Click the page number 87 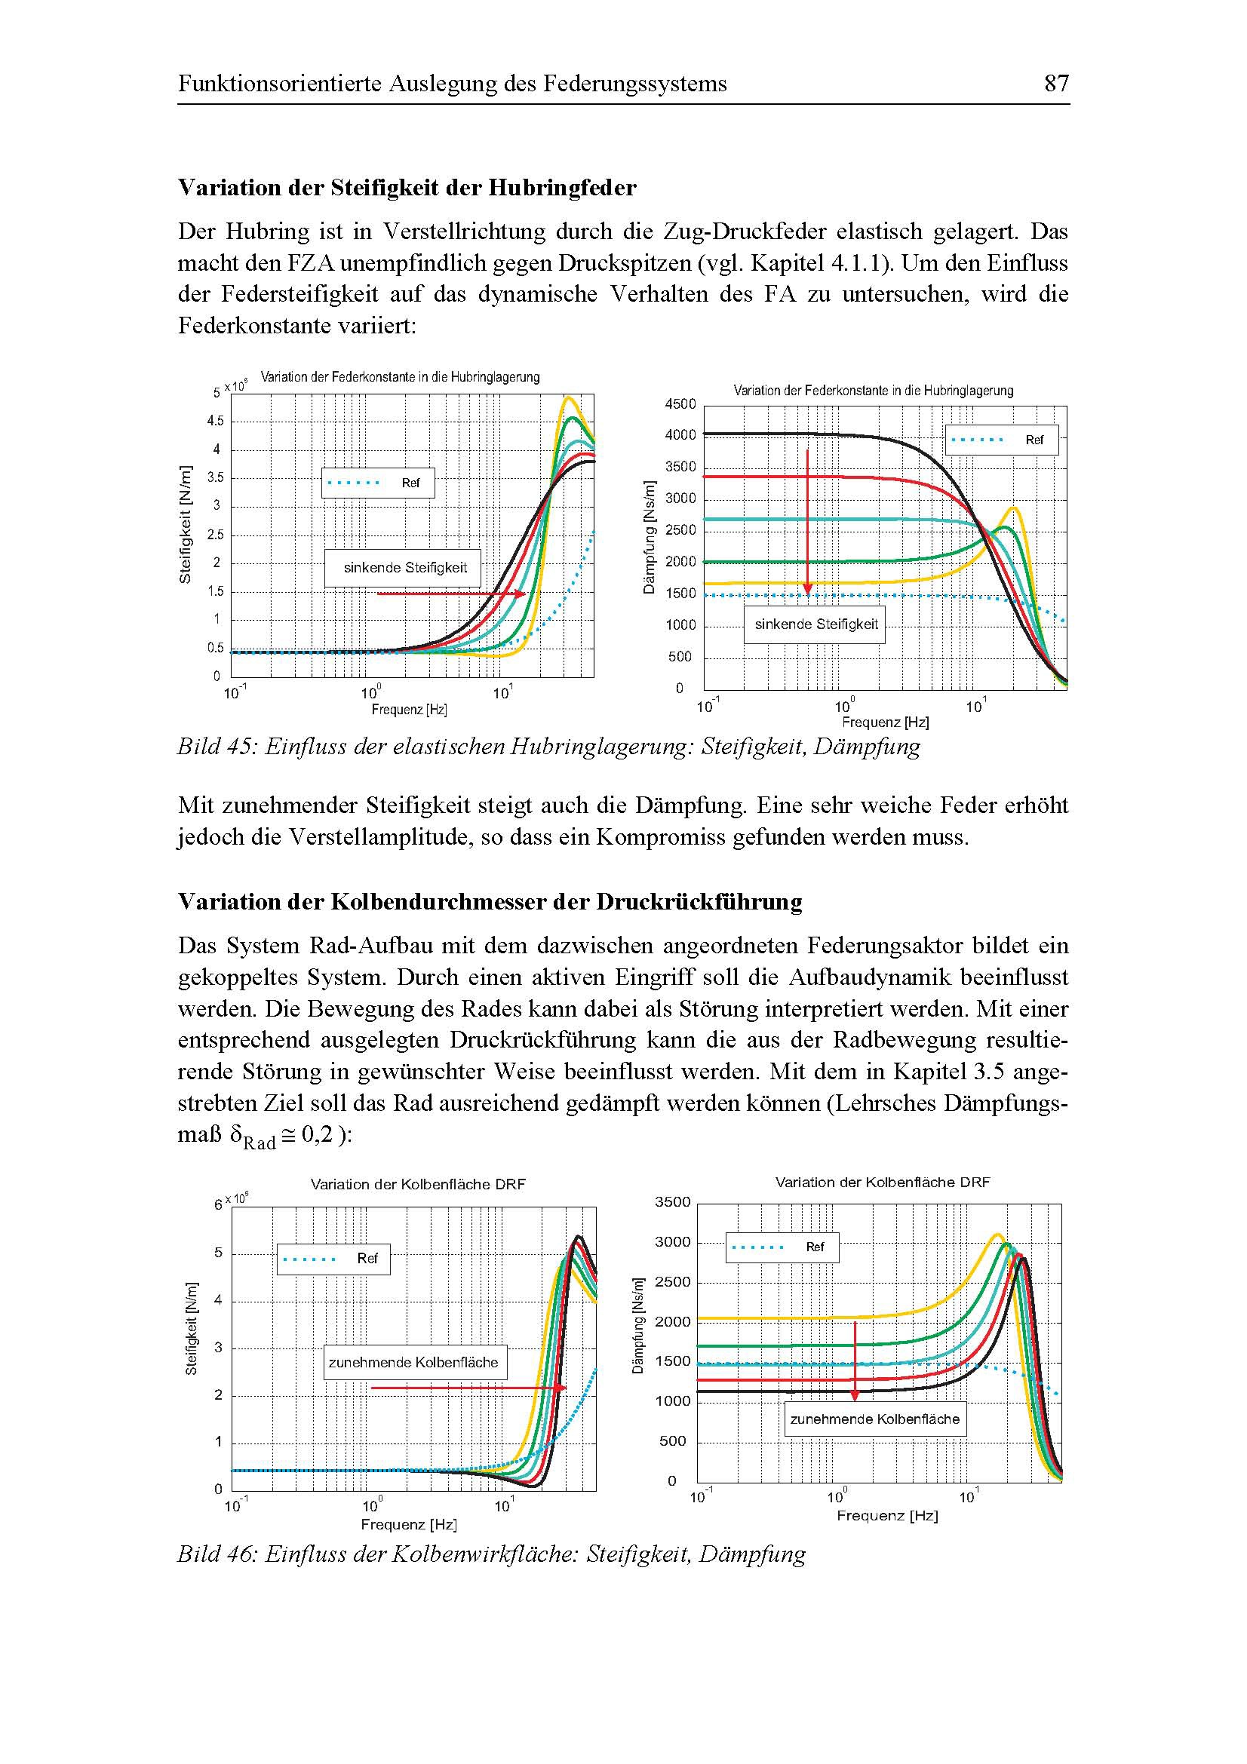pyautogui.click(x=1055, y=83)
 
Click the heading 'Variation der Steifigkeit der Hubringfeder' pyautogui.click(x=407, y=188)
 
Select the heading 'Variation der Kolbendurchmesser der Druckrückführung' pyautogui.click(x=490, y=901)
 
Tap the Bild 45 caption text pyautogui.click(x=548, y=746)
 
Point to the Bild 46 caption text pyautogui.click(x=491, y=1554)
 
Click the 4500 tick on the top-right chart pyautogui.click(x=680, y=404)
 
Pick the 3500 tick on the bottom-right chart pyautogui.click(x=672, y=1201)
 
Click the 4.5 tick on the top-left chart pyautogui.click(x=215, y=421)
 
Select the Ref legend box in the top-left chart pyautogui.click(x=378, y=483)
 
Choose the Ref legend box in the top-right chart pyautogui.click(x=1001, y=440)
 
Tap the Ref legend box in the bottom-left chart pyautogui.click(x=333, y=1259)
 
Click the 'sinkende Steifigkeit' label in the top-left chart pyautogui.click(x=405, y=568)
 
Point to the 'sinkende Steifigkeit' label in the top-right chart pyautogui.click(x=816, y=624)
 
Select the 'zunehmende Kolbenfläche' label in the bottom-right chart pyautogui.click(x=875, y=1419)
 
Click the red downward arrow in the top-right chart pyautogui.click(x=807, y=523)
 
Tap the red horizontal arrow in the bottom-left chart pyautogui.click(x=468, y=1388)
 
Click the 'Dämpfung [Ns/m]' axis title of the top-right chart pyautogui.click(x=650, y=536)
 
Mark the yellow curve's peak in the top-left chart pyautogui.click(x=568, y=398)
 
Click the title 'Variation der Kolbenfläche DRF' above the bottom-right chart pyautogui.click(x=882, y=1182)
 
